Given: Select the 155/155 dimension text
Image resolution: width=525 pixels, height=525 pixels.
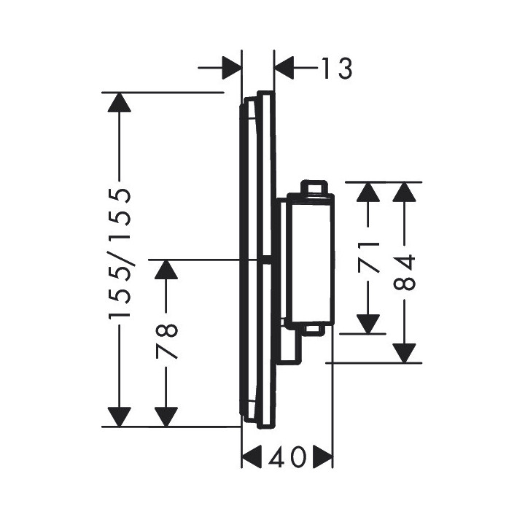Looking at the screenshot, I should (x=118, y=254).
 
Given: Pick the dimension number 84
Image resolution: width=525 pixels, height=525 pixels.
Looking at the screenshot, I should (x=405, y=271).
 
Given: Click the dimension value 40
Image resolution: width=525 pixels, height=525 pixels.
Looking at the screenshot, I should (x=287, y=459).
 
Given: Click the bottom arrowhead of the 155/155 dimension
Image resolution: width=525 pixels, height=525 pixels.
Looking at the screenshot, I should (x=119, y=416).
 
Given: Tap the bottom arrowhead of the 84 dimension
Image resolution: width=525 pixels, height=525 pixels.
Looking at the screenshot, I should (x=405, y=352).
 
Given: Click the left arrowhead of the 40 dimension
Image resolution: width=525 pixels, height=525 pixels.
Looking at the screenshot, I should (x=252, y=459).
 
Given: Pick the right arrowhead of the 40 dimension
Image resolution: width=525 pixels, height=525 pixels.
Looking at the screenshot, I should (x=323, y=459).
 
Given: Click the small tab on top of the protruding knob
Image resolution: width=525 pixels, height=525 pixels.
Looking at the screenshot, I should (x=314, y=187).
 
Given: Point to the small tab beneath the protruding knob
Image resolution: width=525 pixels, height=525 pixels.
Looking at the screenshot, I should (x=314, y=330).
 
